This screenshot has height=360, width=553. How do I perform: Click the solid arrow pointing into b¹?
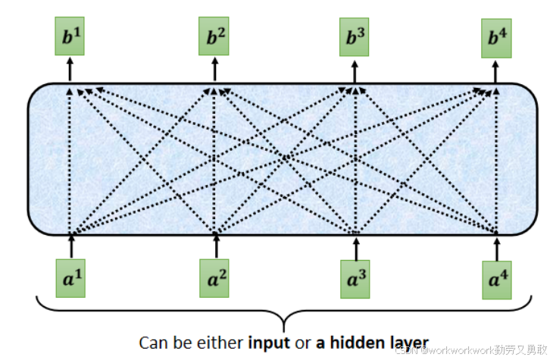point(69,70)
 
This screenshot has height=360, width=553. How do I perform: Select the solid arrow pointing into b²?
point(213,70)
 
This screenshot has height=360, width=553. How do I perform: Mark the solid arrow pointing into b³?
point(354,70)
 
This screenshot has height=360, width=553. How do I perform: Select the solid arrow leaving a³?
point(355,247)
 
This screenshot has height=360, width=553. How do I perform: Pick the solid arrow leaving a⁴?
point(498,247)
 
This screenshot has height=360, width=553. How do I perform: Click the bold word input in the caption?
point(270,342)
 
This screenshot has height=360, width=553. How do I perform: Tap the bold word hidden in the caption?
point(359,342)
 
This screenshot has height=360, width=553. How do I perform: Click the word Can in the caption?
point(152,342)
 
